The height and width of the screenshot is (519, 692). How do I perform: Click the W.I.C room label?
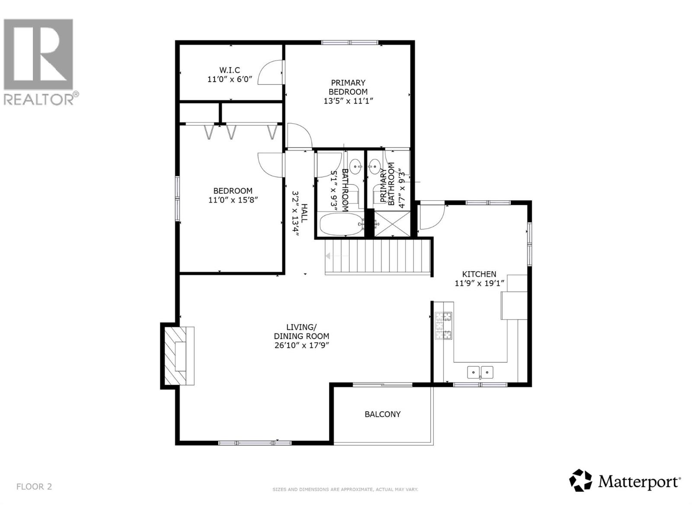coord(230,70)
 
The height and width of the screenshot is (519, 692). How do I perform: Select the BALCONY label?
coord(382,414)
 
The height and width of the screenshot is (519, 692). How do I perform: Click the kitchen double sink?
coord(480,372)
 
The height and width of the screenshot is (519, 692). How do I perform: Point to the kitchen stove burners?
coord(443,325)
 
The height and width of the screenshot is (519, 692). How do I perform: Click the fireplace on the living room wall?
coord(179,356)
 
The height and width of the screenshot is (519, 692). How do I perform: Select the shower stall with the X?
coord(391,224)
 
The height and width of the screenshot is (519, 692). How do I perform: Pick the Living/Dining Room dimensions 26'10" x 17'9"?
coord(301,345)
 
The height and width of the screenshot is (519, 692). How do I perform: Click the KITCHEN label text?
coord(479,274)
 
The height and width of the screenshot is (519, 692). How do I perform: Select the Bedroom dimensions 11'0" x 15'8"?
coord(233,200)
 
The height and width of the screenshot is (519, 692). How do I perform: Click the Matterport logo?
coord(625,481)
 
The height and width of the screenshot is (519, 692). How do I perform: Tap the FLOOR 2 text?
coord(34,487)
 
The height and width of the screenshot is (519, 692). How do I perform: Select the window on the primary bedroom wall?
coord(349,42)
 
